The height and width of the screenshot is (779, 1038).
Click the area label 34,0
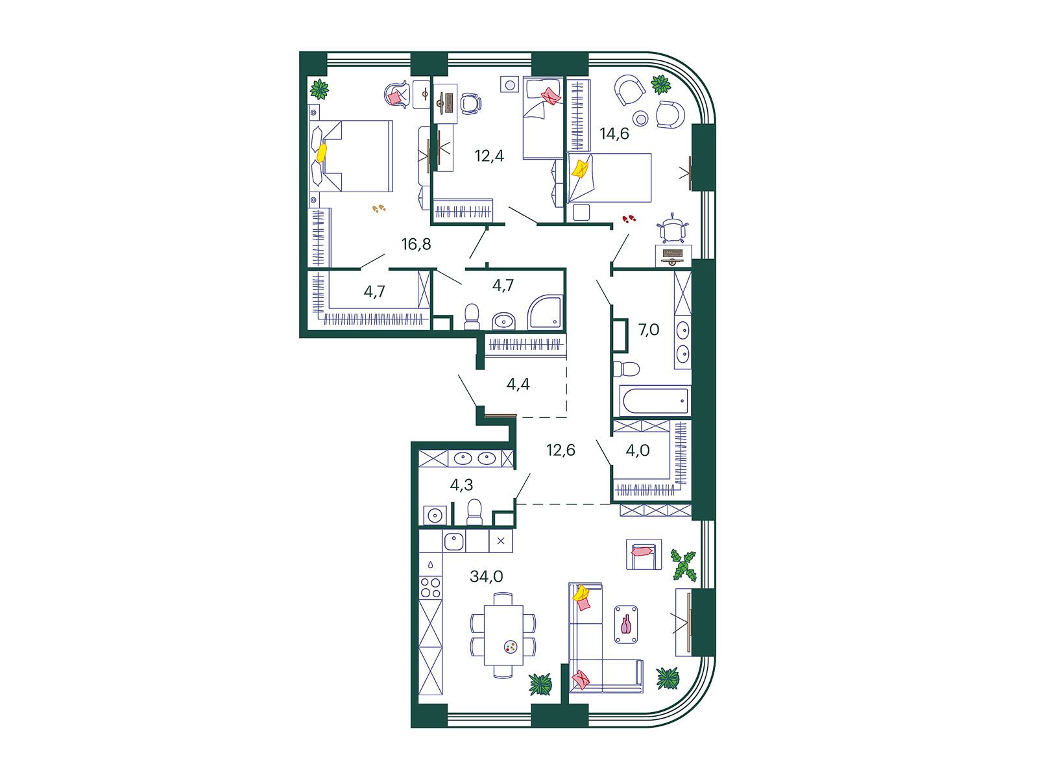point(486,576)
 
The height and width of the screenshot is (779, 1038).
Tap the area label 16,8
point(416,244)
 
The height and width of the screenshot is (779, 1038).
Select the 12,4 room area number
point(489,156)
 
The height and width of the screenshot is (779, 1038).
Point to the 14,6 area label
point(614,134)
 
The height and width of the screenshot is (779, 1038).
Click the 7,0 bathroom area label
point(649,330)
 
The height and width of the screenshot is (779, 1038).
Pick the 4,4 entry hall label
point(518,384)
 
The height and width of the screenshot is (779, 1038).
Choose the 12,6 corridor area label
point(561,450)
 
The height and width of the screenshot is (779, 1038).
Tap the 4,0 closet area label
point(638,451)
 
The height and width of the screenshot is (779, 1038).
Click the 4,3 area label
point(461,485)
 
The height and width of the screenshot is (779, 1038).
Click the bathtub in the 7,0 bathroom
point(655,401)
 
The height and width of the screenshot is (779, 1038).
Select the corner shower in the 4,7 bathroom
point(546,312)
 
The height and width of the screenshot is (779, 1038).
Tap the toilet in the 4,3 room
point(474,512)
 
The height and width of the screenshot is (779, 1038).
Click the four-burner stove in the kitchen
point(430,588)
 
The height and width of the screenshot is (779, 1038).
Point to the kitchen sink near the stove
point(453,541)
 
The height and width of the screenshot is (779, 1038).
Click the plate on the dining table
point(511,647)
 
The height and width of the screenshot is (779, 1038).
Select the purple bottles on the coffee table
point(625,624)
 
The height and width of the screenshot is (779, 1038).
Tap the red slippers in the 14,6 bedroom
point(629,219)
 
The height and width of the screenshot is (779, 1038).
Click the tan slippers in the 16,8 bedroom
point(379,208)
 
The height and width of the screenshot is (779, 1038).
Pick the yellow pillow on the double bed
point(322,153)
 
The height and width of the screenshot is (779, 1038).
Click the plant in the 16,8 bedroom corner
point(320,89)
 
